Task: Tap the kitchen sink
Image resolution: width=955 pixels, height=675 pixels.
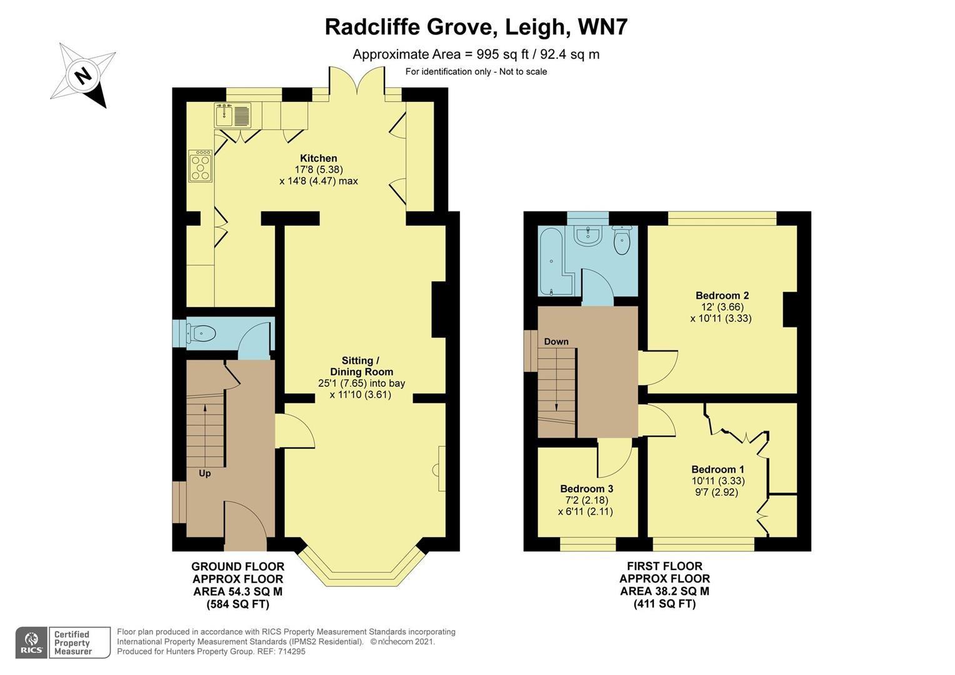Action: pyautogui.click(x=232, y=115)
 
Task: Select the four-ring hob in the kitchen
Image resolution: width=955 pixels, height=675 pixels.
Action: pyautogui.click(x=201, y=166)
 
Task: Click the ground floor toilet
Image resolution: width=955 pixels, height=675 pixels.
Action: pyautogui.click(x=201, y=334)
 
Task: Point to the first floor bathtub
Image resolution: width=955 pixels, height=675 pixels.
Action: pyautogui.click(x=551, y=261)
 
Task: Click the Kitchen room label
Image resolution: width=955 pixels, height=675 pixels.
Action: pyautogui.click(x=318, y=159)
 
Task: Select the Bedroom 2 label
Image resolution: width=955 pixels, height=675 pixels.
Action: pyautogui.click(x=722, y=296)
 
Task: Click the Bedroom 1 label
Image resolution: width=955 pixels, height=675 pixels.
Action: pyautogui.click(x=717, y=469)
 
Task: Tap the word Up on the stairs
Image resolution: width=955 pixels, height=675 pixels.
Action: pyautogui.click(x=204, y=474)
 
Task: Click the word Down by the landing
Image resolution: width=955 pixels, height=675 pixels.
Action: pyautogui.click(x=556, y=341)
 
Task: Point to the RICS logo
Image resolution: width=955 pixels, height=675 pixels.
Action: pyautogui.click(x=31, y=642)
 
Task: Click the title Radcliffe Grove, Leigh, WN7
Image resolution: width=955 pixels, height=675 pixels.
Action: pyautogui.click(x=476, y=27)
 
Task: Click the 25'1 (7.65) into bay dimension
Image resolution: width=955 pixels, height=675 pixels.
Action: pyautogui.click(x=361, y=383)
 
